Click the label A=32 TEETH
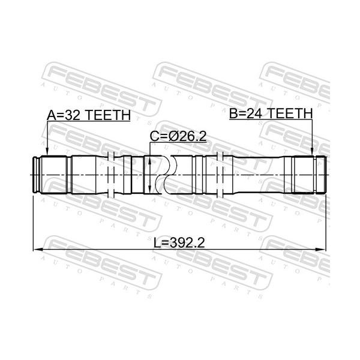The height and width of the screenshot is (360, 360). click(89, 115)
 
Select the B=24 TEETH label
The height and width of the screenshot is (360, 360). click(271, 113)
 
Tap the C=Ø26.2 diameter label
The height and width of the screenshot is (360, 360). click(178, 136)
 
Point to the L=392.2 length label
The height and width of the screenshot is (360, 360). click(179, 242)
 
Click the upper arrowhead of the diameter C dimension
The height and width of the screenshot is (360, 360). click(149, 160)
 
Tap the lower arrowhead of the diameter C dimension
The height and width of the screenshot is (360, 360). click(149, 189)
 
